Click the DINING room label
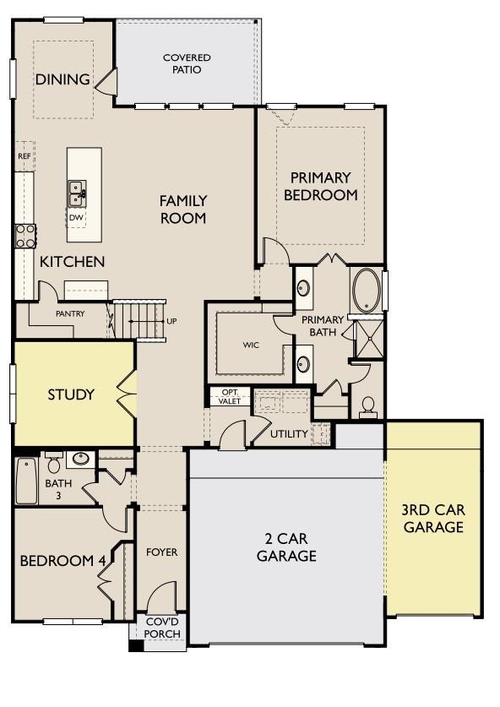click(x=62, y=79)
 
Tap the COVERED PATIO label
click(x=187, y=63)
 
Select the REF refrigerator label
click(x=24, y=157)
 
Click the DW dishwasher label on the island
click(x=77, y=216)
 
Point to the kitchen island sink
click(x=77, y=192)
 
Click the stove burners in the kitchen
click(x=25, y=235)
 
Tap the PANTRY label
click(x=72, y=313)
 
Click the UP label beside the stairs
click(x=172, y=322)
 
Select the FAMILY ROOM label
click(x=183, y=209)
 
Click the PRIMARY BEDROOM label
click(x=320, y=186)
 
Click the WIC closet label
click(x=250, y=345)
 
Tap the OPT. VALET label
click(x=230, y=396)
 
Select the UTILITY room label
click(x=289, y=433)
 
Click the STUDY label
click(x=71, y=394)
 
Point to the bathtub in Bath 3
click(x=26, y=480)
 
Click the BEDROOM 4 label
click(x=63, y=561)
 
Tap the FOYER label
click(x=161, y=552)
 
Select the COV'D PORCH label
click(x=161, y=628)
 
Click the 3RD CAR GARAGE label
click(x=433, y=519)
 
